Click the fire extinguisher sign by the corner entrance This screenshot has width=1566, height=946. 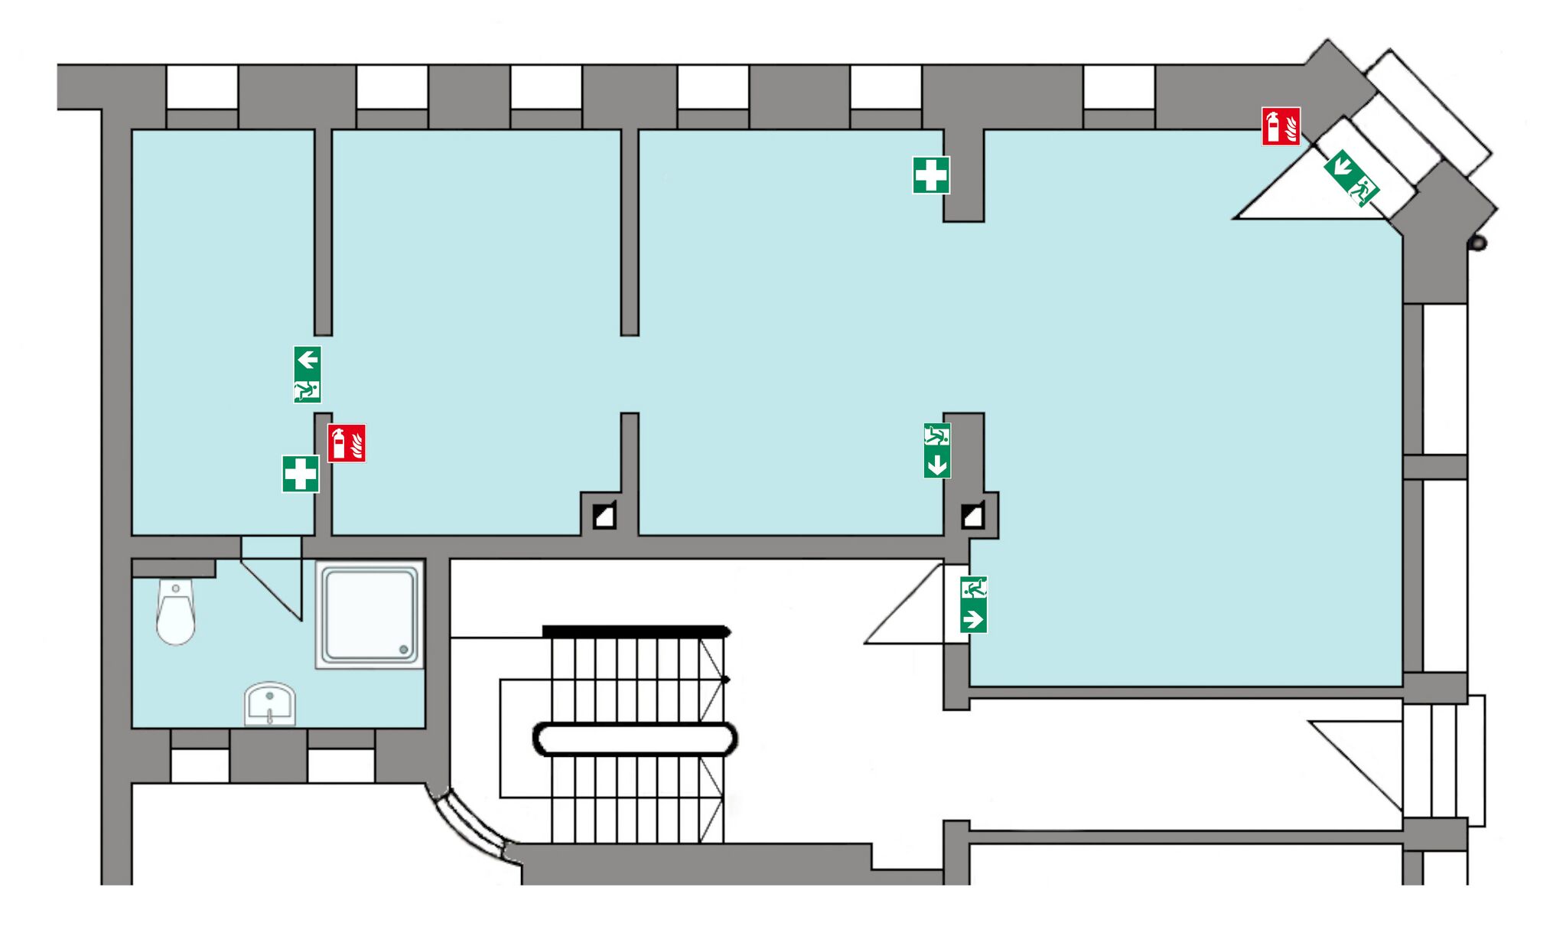coord(1280,126)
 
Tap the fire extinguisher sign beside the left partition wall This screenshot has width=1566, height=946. coord(347,443)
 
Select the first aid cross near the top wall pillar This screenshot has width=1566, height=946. coord(931,175)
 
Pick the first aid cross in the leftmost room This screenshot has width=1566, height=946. coord(301,474)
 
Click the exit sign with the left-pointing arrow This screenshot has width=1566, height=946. coord(308,374)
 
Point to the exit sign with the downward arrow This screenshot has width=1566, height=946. coord(937,451)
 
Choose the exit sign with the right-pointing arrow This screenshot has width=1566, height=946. coord(973,605)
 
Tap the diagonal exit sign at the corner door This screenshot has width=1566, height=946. coord(1351,178)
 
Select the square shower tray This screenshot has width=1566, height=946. coord(370,615)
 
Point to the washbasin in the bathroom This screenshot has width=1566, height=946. coord(269,703)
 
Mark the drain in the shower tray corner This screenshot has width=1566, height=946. coord(403,650)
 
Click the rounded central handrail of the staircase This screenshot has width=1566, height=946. coord(635,739)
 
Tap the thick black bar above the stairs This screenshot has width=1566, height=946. coord(636,631)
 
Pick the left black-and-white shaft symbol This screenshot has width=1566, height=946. coord(604,516)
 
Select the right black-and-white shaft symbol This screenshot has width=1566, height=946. coord(972,516)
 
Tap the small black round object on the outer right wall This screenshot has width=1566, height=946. coord(1478,243)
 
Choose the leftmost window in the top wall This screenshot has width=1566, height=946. coord(202,87)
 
